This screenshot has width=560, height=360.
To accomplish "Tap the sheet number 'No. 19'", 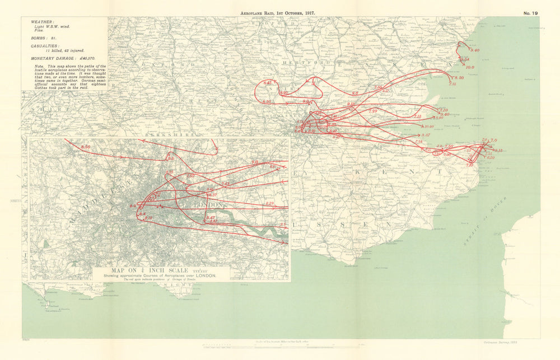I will (x=530, y=12).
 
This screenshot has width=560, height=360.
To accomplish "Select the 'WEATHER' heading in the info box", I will (x=35, y=23).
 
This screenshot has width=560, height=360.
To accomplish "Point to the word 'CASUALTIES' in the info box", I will (x=41, y=45).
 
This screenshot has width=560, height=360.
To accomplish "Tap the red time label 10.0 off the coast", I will (x=469, y=67).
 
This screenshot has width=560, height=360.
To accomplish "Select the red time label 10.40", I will (x=429, y=127).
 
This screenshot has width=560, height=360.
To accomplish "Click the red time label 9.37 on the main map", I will (x=425, y=135).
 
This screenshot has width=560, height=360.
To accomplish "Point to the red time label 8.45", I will (x=268, y=82).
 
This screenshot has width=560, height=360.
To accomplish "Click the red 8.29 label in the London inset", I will (x=269, y=203).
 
